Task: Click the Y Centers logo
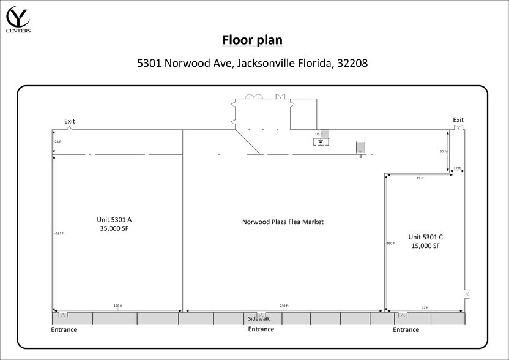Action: point(18,18)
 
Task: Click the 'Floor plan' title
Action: point(251,40)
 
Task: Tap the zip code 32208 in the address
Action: point(351,63)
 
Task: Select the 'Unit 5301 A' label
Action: point(114,219)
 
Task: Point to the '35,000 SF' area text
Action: point(114,228)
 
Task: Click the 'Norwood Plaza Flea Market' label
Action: point(283,222)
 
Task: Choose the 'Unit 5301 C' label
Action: point(426,236)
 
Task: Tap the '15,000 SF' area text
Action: point(426,246)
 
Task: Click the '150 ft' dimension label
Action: point(118,306)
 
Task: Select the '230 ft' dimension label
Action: point(284,306)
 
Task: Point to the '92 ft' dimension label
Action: point(425,308)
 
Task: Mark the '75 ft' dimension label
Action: point(419,178)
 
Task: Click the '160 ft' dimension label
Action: point(391,243)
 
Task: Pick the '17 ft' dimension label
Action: point(456,168)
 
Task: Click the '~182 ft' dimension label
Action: point(59,233)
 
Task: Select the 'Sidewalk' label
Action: point(259,319)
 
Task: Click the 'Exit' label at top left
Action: point(70,121)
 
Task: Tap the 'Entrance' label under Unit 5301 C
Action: point(406,330)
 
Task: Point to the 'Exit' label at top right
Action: point(458,120)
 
